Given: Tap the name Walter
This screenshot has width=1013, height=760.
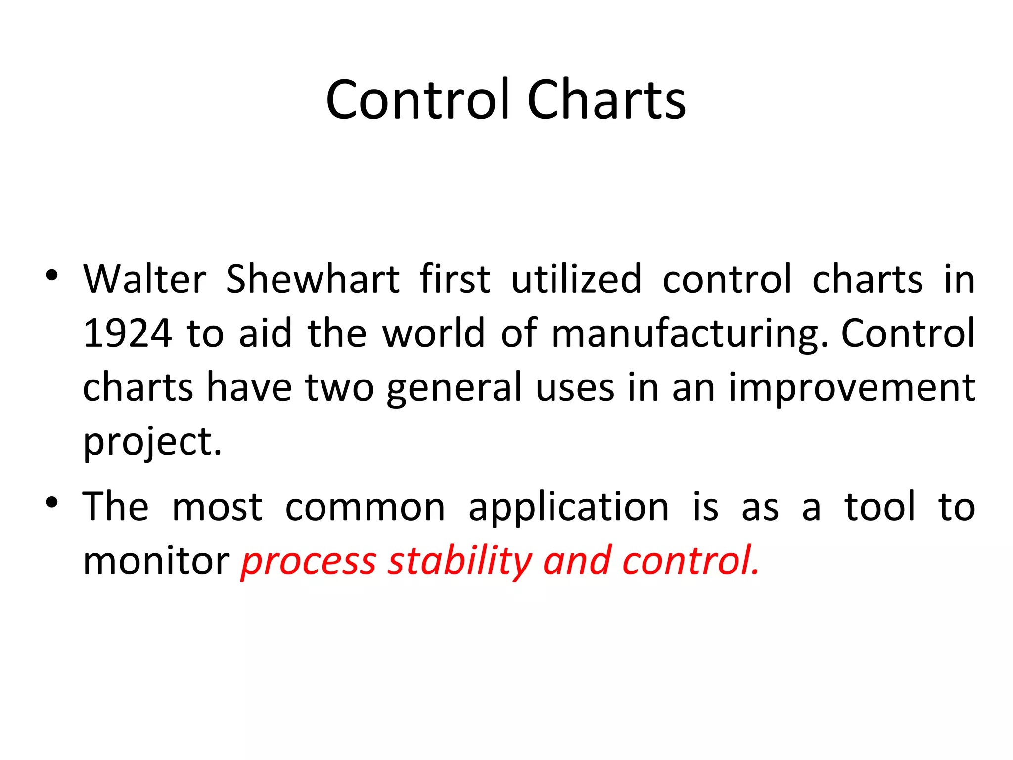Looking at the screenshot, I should (144, 280).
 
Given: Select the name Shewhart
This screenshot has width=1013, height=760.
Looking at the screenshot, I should (313, 280).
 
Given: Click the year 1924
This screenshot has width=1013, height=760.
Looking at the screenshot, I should (128, 333).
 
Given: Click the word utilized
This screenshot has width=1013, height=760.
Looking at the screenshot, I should (577, 280).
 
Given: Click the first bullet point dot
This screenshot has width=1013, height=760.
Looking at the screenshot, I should (52, 275).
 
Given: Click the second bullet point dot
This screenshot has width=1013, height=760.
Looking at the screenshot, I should (52, 503).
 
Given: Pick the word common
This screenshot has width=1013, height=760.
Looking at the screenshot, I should (365, 508).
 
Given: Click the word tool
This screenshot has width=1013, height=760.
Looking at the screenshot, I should (880, 507).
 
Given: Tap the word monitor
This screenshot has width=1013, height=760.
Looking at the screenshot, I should (156, 562).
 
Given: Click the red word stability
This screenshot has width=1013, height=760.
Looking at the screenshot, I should (460, 562).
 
